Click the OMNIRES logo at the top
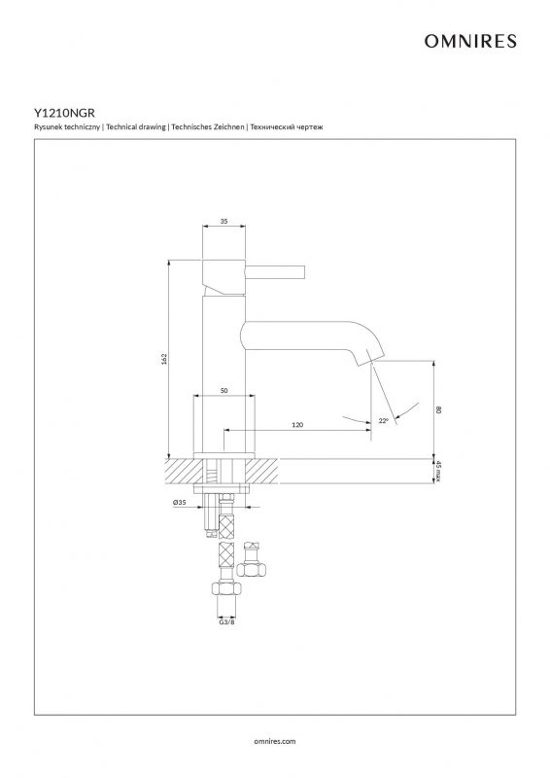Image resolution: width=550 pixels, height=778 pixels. point(470,41)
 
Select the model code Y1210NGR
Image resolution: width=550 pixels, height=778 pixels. point(64,114)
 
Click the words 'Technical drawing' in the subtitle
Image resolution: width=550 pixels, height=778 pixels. point(136,127)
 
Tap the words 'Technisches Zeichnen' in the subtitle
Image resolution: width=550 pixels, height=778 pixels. point(208,127)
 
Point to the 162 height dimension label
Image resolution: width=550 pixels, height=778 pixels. point(164,358)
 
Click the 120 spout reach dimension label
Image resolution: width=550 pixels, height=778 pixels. point(297,425)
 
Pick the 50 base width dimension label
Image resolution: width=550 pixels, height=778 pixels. point(224,391)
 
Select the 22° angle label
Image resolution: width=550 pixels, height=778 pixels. point(384,421)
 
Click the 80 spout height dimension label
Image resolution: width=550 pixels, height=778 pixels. point(438,409)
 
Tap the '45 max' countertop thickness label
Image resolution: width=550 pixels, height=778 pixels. point(438,471)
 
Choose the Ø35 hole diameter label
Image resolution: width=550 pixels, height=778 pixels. point(180,502)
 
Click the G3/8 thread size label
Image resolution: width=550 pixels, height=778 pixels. point(226,621)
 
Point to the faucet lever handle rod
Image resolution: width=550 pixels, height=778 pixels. point(275,272)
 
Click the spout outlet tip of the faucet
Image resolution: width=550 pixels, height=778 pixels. point(370,358)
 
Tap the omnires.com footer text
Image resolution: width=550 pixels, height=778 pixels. point(275,741)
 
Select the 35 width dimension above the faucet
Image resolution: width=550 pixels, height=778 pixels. point(224,222)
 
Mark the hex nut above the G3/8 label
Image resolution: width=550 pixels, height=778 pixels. point(226,588)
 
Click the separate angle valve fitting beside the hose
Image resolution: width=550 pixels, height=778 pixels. point(252,561)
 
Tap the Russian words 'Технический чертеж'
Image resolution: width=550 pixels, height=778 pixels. point(287,127)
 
